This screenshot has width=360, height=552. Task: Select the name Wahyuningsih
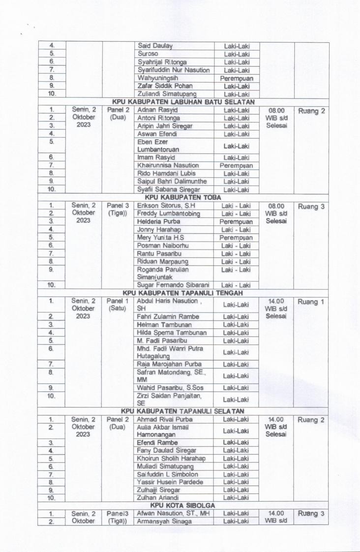coord(157,78)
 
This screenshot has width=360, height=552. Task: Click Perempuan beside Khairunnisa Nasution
coord(236,166)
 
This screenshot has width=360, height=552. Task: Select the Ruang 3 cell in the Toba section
coord(311,207)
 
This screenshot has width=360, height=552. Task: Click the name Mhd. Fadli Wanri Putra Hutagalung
coord(163,352)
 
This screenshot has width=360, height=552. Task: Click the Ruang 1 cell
coord(311,302)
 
